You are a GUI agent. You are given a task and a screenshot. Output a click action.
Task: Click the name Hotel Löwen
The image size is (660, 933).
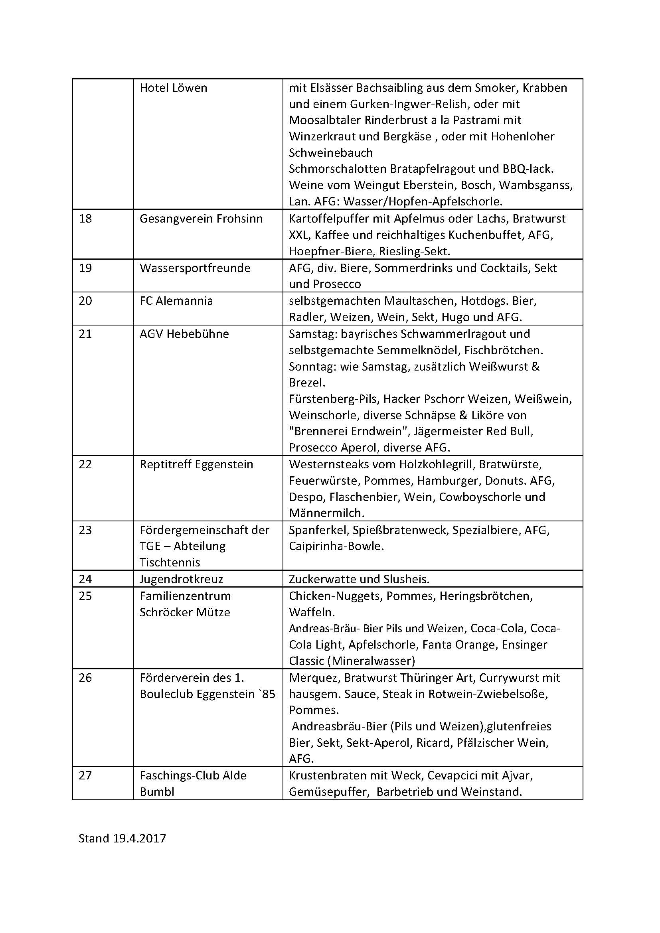[173, 88]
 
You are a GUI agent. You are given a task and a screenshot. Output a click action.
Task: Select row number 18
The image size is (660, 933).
[85, 219]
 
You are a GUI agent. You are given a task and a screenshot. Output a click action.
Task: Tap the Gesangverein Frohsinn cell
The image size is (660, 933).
[201, 219]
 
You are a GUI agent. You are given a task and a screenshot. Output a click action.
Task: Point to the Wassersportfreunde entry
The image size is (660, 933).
[195, 268]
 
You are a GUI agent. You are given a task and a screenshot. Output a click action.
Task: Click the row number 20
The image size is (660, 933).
[85, 301]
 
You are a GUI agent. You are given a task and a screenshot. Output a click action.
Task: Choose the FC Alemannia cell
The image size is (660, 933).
[176, 301]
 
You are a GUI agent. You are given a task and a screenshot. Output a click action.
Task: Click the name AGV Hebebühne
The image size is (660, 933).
[184, 334]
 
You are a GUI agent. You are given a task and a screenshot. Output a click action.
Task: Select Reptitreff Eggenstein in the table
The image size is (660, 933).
[196, 464]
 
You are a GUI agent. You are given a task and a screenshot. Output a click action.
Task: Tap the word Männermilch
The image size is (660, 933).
[326, 513]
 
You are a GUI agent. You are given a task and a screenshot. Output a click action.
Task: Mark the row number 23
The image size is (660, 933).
[85, 530]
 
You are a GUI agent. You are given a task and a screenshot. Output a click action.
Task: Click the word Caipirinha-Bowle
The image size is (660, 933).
[336, 546]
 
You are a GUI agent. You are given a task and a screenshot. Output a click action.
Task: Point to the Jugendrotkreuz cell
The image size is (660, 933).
[181, 579]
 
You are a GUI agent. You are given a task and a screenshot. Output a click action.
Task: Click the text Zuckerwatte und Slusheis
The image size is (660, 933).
[359, 579]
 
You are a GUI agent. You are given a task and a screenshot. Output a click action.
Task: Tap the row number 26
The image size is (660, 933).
[85, 678]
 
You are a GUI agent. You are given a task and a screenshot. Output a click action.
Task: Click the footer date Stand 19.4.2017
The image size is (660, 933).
[122, 838]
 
